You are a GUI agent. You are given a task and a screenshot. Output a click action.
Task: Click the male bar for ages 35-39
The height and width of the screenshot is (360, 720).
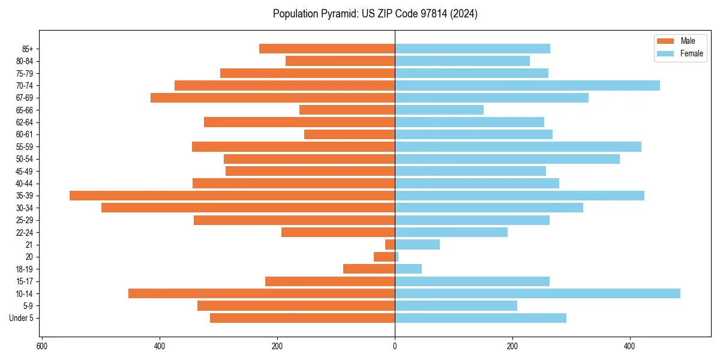232,196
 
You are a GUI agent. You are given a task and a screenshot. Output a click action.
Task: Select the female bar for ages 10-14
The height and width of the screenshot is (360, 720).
538,293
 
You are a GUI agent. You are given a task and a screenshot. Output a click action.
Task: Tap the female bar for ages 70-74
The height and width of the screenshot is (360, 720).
527,86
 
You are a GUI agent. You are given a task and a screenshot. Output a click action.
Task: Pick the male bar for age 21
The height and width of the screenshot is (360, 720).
390,245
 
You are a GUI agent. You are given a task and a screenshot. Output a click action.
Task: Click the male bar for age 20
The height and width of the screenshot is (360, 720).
384,257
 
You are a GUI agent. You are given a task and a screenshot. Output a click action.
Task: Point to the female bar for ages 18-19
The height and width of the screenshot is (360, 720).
408,269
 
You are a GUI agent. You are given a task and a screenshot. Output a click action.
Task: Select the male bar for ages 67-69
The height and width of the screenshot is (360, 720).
272,98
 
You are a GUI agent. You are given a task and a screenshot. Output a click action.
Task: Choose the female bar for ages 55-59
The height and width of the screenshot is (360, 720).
518,146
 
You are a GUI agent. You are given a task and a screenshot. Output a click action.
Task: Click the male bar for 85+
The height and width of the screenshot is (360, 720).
327,49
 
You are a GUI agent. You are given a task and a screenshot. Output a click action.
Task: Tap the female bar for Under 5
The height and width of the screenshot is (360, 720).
481,318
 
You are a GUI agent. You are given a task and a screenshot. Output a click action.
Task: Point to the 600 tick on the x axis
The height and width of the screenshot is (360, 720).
42,346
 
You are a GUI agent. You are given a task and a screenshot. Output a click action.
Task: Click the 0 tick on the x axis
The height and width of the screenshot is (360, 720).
395,346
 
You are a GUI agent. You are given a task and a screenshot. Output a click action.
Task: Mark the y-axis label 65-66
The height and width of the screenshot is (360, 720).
25,110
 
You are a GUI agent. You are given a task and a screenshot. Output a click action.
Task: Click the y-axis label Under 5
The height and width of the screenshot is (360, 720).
21,318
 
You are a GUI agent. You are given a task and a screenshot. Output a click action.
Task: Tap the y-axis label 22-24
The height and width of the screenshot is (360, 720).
25,232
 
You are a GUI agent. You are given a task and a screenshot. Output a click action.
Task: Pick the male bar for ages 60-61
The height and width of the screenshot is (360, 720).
349,134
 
